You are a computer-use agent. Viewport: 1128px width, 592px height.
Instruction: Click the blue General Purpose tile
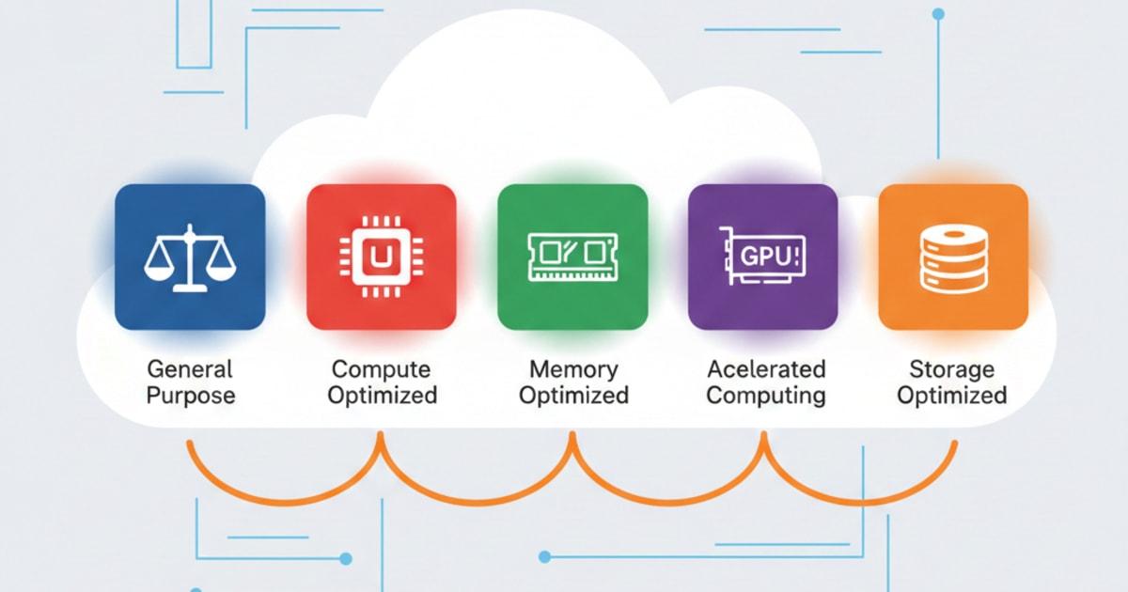tap(190, 257)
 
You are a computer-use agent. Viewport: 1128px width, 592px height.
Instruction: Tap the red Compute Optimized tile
tap(381, 257)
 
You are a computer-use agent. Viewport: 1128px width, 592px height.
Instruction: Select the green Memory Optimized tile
tap(572, 257)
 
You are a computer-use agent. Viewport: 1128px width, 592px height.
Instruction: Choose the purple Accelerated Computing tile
tap(762, 257)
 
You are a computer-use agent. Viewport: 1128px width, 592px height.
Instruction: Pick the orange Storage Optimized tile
tap(952, 257)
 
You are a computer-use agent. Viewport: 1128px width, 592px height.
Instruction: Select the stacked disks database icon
tap(952, 257)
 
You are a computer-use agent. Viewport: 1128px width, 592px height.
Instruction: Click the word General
tap(189, 368)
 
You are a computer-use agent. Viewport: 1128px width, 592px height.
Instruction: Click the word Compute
tap(381, 368)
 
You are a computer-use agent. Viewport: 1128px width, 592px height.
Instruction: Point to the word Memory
tap(573, 368)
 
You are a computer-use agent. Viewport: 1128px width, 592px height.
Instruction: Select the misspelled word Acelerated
tap(765, 368)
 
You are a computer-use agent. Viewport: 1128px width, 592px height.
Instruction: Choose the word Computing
tap(765, 395)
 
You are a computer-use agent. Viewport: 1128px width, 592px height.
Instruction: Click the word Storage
tap(951, 368)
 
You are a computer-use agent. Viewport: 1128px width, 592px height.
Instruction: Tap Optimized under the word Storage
tap(951, 395)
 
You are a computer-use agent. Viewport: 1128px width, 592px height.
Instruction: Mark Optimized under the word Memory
tap(573, 395)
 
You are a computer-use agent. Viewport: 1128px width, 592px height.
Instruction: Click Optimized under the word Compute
tap(382, 395)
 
